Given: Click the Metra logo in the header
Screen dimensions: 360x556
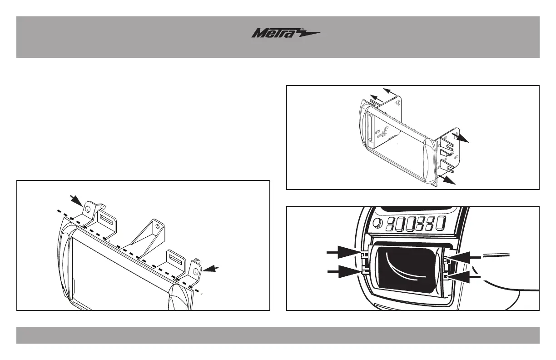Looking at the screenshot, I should click(x=286, y=34).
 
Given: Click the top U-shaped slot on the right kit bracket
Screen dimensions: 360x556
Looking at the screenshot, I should click(x=447, y=147).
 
